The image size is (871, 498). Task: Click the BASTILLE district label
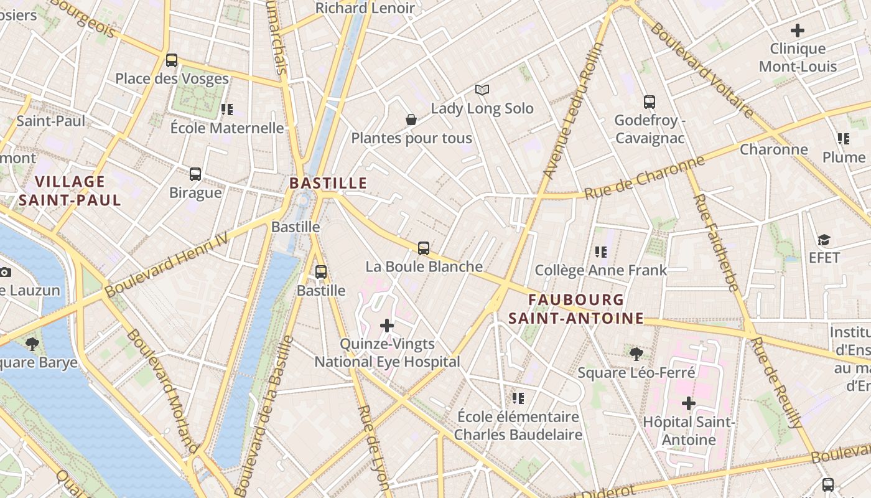coord(328,183)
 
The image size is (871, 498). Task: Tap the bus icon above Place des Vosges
coord(172,60)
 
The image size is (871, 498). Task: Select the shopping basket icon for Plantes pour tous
coord(411,120)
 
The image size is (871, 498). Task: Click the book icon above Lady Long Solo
coord(482,90)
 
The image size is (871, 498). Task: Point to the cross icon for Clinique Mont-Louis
coord(797,30)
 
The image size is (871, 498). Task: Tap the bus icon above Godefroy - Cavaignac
coord(650,101)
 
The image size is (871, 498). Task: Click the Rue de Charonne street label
coord(645,177)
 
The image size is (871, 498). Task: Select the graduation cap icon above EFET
coord(824,240)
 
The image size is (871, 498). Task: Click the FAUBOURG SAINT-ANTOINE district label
coord(575,309)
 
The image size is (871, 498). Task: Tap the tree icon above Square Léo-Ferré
coord(636,354)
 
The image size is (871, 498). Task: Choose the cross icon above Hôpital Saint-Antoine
coord(688,403)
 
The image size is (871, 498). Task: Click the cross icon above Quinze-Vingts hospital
coord(387,325)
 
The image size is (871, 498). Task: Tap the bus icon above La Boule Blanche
coord(424,248)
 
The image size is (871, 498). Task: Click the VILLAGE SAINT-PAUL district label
coord(70,190)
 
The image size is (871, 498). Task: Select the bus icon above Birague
coord(195,174)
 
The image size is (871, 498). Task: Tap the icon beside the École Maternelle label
coord(227,110)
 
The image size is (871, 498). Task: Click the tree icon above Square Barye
coord(31,344)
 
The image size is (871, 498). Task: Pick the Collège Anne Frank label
coord(600,270)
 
